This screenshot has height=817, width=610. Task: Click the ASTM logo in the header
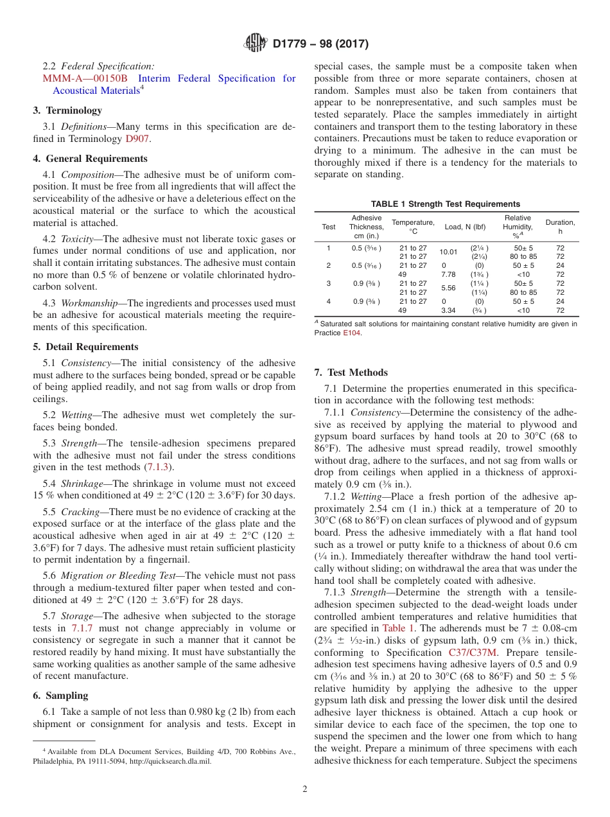pos(256,44)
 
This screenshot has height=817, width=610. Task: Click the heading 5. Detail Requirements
pos(85,347)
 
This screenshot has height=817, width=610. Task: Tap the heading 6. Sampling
pos(60,696)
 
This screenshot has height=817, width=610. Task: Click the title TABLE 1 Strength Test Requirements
pos(445,204)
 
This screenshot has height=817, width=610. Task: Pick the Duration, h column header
pos(560,227)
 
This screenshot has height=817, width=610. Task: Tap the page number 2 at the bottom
pos(305,789)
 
